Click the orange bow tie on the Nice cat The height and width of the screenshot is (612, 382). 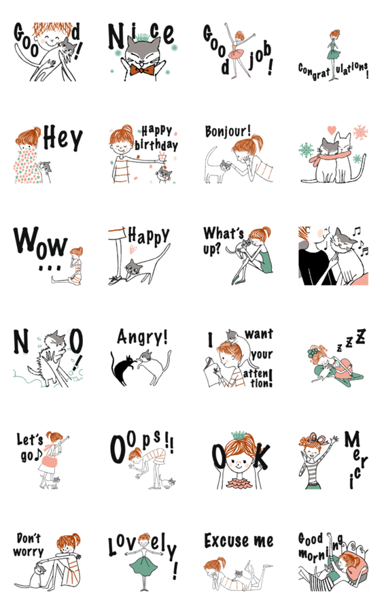pyautogui.click(x=141, y=70)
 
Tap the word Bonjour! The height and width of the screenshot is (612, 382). pyautogui.click(x=228, y=131)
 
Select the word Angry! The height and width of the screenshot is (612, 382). pyautogui.click(x=143, y=337)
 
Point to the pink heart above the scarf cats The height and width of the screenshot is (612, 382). pyautogui.click(x=332, y=130)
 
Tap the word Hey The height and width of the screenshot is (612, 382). pyautogui.click(x=63, y=138)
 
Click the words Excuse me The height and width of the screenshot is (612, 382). pyautogui.click(x=239, y=541)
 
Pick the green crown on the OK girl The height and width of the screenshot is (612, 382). pyautogui.click(x=238, y=435)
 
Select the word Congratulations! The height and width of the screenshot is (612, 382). pyautogui.click(x=333, y=71)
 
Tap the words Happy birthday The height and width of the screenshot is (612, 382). pyautogui.click(x=156, y=138)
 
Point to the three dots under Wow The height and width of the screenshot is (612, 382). pyautogui.click(x=50, y=268)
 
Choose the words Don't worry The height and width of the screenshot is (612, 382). pyautogui.click(x=29, y=545)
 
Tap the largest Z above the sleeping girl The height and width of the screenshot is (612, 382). pyautogui.click(x=361, y=336)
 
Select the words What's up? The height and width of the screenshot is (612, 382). pyautogui.click(x=223, y=240)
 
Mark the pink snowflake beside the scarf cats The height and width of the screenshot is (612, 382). pyautogui.click(x=360, y=133)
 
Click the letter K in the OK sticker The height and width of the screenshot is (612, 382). pyautogui.click(x=261, y=457)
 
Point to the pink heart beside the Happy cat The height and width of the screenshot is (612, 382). pyautogui.click(x=133, y=248)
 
